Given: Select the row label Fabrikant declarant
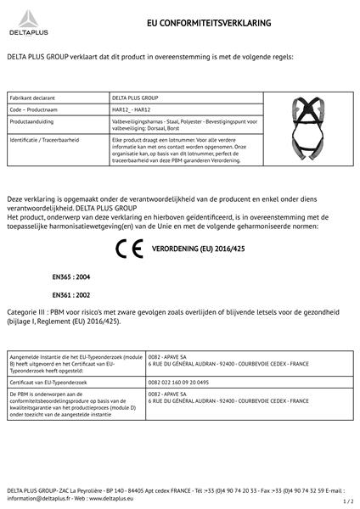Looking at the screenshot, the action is tap(31, 98).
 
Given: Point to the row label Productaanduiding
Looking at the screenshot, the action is tap(32, 122).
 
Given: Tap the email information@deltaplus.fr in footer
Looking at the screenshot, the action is tap(37, 498).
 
